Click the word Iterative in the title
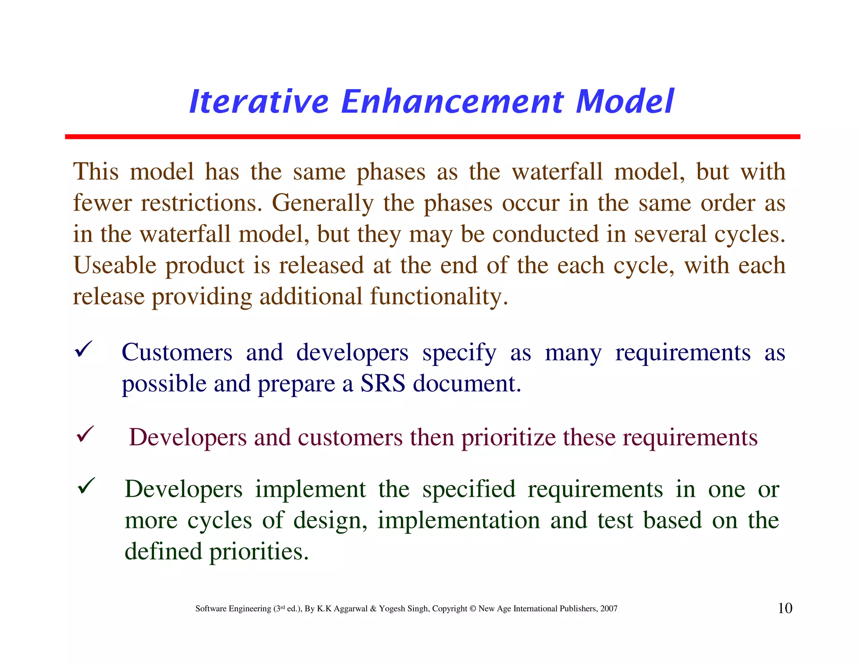tap(259, 102)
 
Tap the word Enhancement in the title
tap(452, 102)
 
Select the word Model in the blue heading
tap(625, 102)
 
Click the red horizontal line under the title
tap(432, 137)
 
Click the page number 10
tap(785, 608)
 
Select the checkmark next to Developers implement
tap(87, 486)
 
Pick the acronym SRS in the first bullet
tap(383, 384)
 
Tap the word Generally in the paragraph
tap(323, 204)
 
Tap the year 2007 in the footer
tap(609, 609)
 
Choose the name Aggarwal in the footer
tap(351, 609)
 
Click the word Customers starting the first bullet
tap(177, 353)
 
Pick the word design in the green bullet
tap(328, 521)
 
